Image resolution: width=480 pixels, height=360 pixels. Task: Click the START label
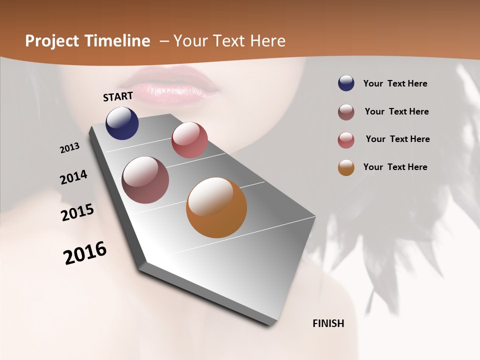tap(118, 96)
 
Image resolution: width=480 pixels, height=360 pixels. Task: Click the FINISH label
tap(328, 323)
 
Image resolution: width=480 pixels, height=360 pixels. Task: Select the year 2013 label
tap(69, 148)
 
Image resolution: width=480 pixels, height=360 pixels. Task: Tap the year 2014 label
tap(73, 177)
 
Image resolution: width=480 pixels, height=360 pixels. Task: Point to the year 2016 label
tap(85, 253)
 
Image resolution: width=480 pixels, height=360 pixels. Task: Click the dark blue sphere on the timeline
tap(122, 123)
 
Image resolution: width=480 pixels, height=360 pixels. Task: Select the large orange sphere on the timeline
tap(216, 207)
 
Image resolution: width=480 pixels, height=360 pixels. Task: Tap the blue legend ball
tap(346, 83)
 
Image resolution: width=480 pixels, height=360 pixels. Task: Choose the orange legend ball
tap(346, 167)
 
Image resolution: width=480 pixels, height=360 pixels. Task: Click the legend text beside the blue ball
tap(395, 84)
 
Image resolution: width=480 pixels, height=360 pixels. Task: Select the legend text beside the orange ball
tap(395, 167)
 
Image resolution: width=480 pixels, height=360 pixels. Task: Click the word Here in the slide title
tap(267, 41)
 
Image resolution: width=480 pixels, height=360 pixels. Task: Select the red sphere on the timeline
tap(189, 140)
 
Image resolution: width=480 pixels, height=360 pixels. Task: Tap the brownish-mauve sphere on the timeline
tap(145, 180)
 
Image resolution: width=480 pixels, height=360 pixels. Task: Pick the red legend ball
tap(346, 140)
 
